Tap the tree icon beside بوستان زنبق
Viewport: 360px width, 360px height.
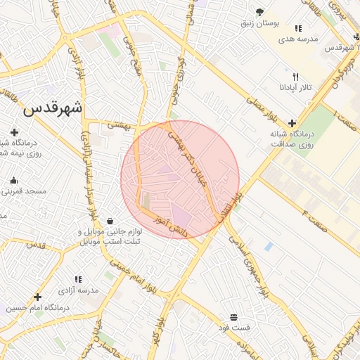tap(259, 12)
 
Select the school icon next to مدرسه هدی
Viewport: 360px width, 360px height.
tap(298, 29)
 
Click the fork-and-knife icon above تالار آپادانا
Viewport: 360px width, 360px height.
tap(295, 77)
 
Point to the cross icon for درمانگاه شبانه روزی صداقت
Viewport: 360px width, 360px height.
tap(292, 123)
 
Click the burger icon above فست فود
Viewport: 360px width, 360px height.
tap(233, 317)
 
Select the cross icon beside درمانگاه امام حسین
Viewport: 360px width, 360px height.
tap(38, 296)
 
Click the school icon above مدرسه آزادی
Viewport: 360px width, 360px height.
tap(77, 279)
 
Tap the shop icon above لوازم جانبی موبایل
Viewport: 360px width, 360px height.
tap(109, 221)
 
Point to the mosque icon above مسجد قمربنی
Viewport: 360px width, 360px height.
tap(13, 180)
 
